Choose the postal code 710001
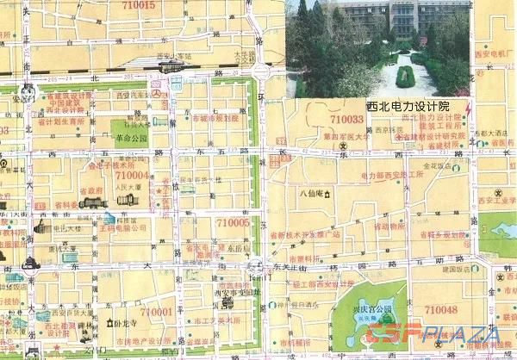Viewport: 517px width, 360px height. [x=157, y=311]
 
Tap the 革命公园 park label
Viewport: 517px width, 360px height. [x=130, y=137]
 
